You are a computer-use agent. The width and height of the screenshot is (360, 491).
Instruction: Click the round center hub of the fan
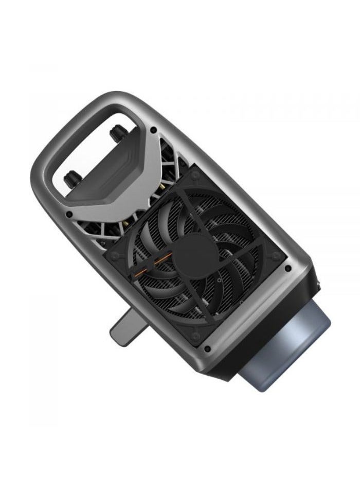click(x=189, y=254)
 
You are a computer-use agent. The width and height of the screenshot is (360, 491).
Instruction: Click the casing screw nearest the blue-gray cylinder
click(x=287, y=269)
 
